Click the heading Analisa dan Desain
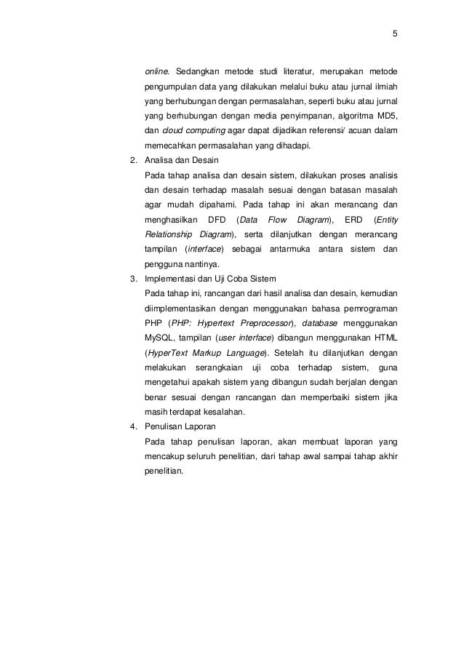175,160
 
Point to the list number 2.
132,160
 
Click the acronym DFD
217,219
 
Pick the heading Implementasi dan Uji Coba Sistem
206,279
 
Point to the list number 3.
132,279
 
